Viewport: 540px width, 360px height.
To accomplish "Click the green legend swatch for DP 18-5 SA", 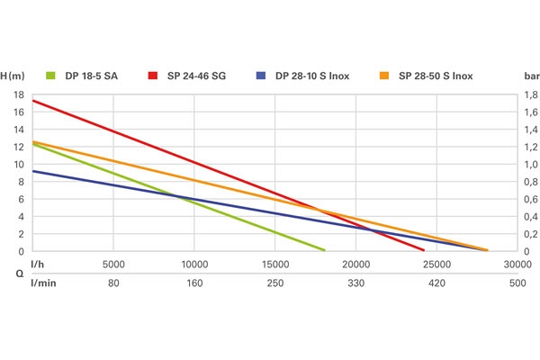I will coord(49,76).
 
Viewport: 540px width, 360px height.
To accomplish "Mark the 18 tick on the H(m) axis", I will coord(19,94).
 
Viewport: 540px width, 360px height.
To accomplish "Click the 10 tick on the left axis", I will coord(19,164).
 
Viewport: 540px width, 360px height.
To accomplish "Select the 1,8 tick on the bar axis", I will coord(532,94).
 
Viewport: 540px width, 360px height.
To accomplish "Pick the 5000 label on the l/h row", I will coord(113,265).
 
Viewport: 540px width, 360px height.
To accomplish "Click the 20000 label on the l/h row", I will coord(355,265).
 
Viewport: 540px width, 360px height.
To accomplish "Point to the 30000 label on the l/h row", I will coord(517,265).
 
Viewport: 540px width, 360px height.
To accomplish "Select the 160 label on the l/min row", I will coord(194,283).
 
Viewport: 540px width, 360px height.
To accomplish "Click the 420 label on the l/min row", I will coord(436,283).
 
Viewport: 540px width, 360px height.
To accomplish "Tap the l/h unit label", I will coord(38,265).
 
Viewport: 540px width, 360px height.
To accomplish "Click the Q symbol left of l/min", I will coord(19,274).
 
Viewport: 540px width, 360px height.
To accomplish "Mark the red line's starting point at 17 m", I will coord(33,101).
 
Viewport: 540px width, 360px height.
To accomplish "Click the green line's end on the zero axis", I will coord(324,250).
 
